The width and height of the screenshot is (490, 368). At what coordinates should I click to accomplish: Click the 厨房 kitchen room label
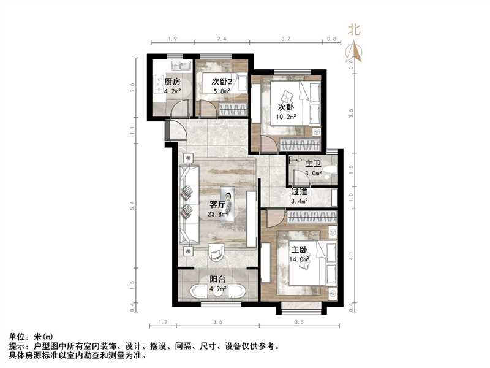click(172, 82)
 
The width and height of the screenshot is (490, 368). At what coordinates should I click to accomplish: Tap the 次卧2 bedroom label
click(222, 82)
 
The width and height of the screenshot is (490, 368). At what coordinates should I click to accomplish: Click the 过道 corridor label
click(300, 191)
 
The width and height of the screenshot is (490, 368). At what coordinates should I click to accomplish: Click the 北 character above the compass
click(354, 28)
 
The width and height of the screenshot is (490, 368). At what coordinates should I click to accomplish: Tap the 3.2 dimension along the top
click(285, 39)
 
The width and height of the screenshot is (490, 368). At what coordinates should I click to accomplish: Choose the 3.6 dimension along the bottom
click(218, 321)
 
